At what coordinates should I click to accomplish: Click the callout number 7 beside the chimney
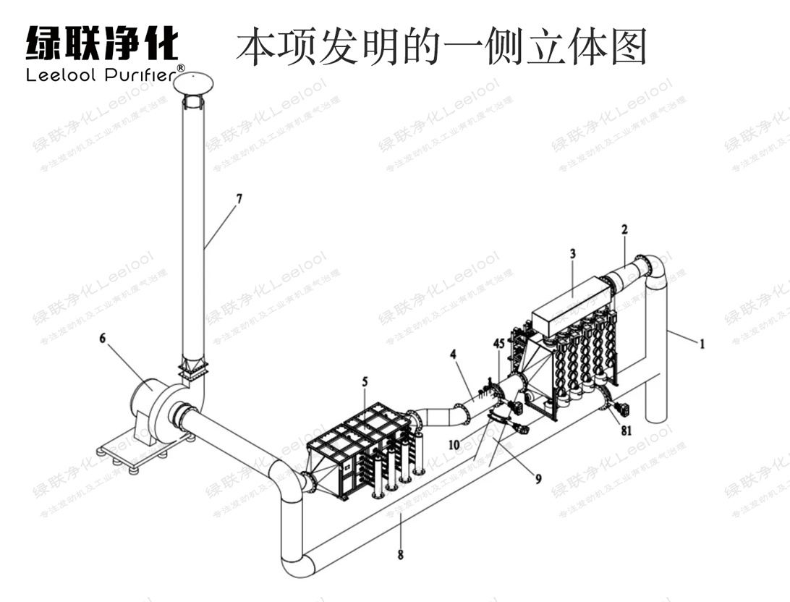point(238,197)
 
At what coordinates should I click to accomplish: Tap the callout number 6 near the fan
point(103,338)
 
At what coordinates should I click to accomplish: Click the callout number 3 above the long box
point(572,254)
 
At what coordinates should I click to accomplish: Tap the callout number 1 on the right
point(701,344)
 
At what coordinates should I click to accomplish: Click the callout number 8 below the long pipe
point(400,556)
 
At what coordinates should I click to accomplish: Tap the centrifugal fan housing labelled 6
point(153,405)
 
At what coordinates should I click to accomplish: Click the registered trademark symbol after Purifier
point(181,69)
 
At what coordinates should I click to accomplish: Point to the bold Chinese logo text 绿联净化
point(101,43)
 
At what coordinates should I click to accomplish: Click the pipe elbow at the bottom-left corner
point(297,563)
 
